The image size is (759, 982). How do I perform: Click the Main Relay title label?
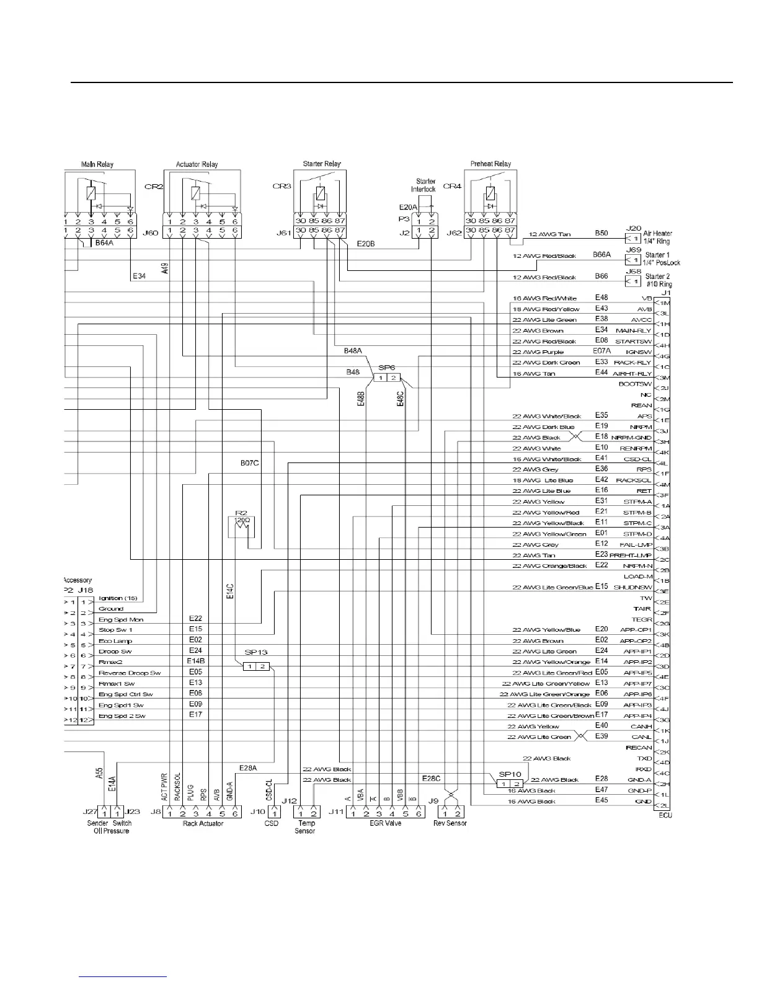[x=97, y=164]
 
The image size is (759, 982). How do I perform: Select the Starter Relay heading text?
[x=322, y=164]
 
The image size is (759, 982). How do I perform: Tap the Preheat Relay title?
[x=490, y=164]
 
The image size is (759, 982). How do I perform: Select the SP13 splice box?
[x=256, y=666]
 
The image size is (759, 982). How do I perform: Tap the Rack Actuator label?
[x=203, y=823]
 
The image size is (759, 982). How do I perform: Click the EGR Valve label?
[x=385, y=823]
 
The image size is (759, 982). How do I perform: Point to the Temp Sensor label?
[x=305, y=827]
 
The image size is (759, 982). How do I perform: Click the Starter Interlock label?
[x=424, y=185]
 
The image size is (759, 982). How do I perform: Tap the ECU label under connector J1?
[x=665, y=815]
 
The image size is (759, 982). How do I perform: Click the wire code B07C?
[x=249, y=462]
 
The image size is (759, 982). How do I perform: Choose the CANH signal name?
[x=641, y=727]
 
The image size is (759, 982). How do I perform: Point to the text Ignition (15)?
[x=118, y=598]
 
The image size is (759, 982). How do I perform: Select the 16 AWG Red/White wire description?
[x=545, y=298]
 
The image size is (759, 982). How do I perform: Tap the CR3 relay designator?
[x=282, y=186]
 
